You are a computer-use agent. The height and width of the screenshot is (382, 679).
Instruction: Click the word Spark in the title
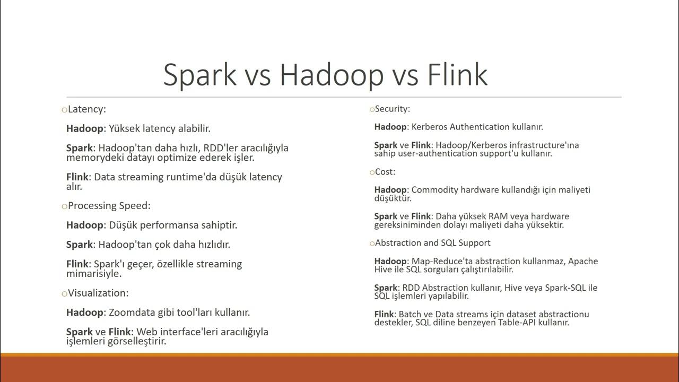click(x=199, y=74)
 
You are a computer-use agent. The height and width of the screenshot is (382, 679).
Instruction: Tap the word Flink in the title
click(x=457, y=74)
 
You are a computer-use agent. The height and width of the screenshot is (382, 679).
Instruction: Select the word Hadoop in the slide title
click(x=332, y=74)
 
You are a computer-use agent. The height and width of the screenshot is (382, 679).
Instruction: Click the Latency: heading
click(x=87, y=109)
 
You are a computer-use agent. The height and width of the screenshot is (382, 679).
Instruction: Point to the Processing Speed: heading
click(x=109, y=206)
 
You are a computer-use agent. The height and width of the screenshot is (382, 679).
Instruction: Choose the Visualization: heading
click(x=98, y=293)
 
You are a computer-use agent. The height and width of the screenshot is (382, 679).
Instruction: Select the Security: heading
click(x=393, y=109)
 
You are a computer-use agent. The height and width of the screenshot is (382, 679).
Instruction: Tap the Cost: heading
click(x=385, y=172)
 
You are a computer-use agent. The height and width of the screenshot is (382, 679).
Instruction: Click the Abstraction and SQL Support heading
click(x=432, y=242)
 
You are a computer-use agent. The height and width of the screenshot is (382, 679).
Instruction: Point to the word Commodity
click(x=434, y=190)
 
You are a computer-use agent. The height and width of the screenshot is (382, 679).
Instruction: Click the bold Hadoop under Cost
click(x=391, y=190)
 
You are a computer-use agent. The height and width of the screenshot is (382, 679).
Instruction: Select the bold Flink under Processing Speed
click(x=77, y=264)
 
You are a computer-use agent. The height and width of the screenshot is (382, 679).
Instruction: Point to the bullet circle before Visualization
click(x=64, y=293)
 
